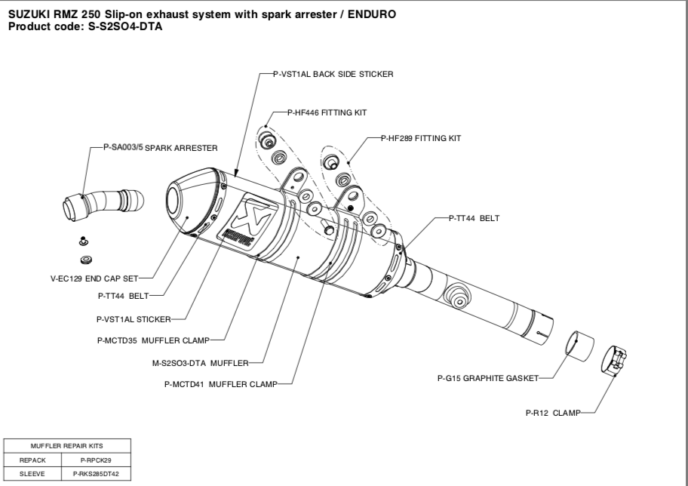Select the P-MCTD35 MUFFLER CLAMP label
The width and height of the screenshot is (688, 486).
click(152, 340)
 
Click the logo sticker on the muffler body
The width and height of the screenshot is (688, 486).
click(249, 218)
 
